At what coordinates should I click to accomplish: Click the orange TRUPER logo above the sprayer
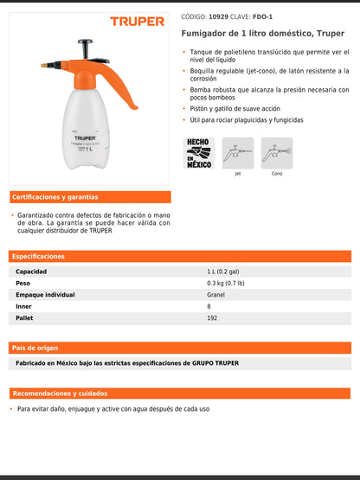point(137,21)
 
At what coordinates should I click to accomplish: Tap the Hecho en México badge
point(199,152)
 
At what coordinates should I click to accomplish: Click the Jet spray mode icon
point(237,152)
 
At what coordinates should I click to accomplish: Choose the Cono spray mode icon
point(277,152)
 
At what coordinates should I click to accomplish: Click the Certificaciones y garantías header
point(55,197)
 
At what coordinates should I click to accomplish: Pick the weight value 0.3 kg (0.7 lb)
point(225,283)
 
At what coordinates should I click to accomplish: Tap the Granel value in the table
point(215,295)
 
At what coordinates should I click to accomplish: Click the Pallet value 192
point(212,318)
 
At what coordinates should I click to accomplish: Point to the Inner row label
point(23,306)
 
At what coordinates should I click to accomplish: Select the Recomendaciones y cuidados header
point(60,394)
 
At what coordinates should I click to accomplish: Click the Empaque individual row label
point(45,295)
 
